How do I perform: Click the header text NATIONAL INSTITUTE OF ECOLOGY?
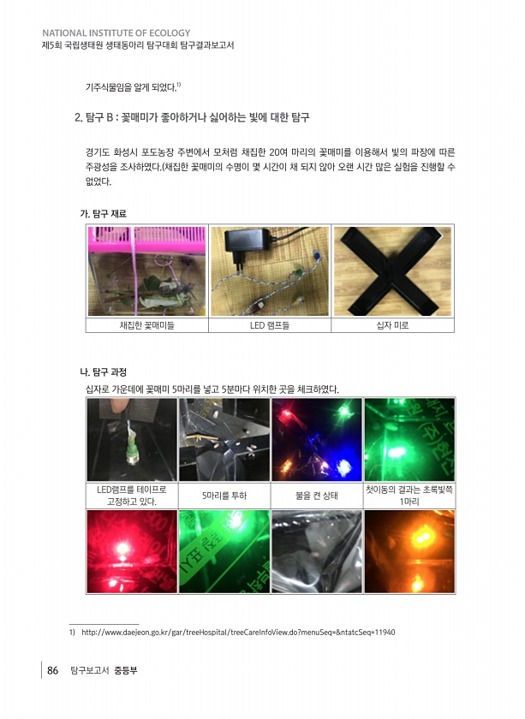[116, 33]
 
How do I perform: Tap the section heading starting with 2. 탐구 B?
[192, 117]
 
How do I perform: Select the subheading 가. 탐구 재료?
[104, 214]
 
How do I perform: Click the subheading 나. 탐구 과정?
[104, 371]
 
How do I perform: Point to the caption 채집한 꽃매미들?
[146, 325]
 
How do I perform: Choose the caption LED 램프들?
[270, 325]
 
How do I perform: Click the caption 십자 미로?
[392, 325]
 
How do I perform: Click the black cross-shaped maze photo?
[392, 271]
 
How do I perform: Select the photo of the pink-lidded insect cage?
[146, 271]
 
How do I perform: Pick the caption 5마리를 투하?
[224, 496]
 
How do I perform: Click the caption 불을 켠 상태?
[317, 496]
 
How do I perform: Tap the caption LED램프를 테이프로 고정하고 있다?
[132, 496]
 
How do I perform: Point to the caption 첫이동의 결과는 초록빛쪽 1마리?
[409, 496]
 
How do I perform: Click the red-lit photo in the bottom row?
[132, 551]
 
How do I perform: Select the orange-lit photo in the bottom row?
[409, 551]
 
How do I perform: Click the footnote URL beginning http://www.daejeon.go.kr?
[238, 633]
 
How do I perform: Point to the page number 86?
[53, 670]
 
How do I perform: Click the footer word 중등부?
[126, 670]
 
